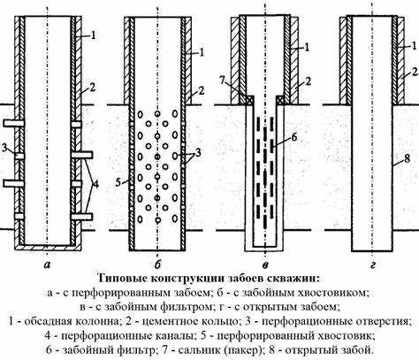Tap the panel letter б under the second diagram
click(x=157, y=264)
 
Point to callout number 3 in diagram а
click(x=5, y=146)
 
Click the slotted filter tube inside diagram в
click(x=263, y=177)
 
